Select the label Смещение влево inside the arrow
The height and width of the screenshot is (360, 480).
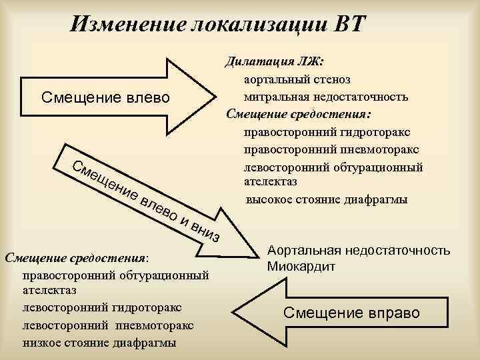[x=105, y=98]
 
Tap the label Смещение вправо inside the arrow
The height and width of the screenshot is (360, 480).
[x=352, y=312]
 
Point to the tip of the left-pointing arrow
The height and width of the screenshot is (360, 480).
[x=235, y=312]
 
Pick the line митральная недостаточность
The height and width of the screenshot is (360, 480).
[x=326, y=96]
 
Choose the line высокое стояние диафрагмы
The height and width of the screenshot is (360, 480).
[x=327, y=199]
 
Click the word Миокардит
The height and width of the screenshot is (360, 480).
[x=300, y=266]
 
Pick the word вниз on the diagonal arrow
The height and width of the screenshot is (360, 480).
[x=204, y=231]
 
